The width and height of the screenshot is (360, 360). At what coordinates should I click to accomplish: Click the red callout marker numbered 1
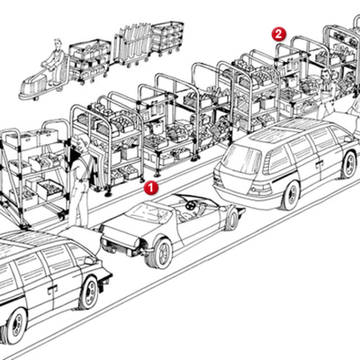(x=150, y=188)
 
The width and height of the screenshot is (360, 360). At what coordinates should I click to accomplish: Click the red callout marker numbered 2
(x=278, y=34)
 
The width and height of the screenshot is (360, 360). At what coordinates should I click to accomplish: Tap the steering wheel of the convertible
(x=189, y=205)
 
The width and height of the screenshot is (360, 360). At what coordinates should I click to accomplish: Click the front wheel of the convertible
(x=161, y=253)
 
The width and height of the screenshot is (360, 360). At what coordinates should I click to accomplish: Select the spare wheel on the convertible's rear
(x=233, y=217)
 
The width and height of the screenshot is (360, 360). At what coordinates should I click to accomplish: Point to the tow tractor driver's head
(x=57, y=44)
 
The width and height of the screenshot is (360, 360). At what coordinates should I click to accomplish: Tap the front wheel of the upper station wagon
(x=349, y=165)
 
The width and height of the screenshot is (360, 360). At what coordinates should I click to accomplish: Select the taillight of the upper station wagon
(x=260, y=188)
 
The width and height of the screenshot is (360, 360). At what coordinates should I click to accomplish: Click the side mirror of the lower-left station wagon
(x=88, y=260)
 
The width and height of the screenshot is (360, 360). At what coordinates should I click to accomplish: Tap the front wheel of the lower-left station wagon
(x=89, y=293)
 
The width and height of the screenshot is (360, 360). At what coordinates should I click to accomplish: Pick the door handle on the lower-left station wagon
(x=52, y=289)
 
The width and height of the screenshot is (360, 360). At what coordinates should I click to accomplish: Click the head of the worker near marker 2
(x=326, y=74)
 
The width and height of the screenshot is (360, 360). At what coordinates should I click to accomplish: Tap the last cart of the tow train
(x=167, y=37)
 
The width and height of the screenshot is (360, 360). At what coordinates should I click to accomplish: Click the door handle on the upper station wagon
(x=319, y=163)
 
